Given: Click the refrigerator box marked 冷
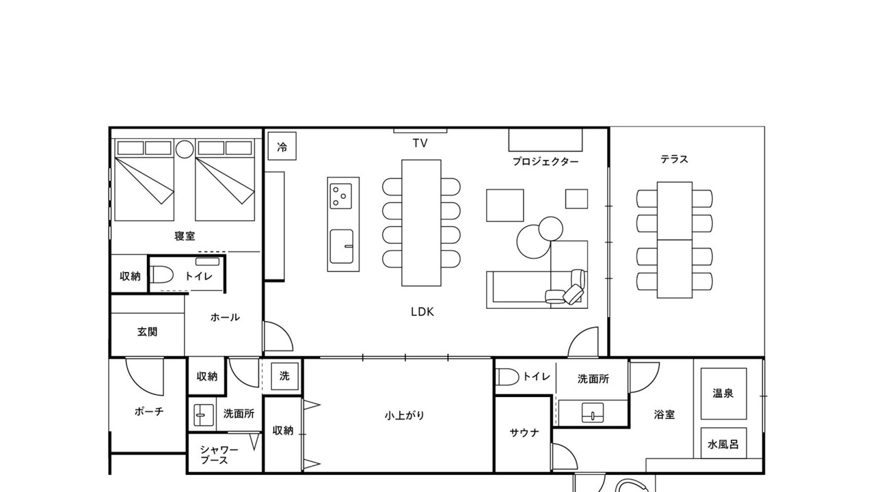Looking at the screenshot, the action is (x=282, y=146).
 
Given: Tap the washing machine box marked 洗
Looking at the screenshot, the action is (x=285, y=376).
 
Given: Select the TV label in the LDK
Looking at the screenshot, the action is (x=420, y=143).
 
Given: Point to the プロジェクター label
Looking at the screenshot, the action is (x=546, y=162).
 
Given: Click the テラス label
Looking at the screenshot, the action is (x=674, y=159).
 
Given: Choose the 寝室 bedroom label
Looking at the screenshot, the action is (x=185, y=236).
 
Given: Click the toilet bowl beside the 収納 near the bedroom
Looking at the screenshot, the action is (x=162, y=275).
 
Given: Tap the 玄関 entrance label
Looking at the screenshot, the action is (x=147, y=332).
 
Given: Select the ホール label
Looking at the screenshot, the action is (x=225, y=318).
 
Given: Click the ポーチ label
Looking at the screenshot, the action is (x=149, y=411).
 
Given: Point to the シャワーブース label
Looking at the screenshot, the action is (x=219, y=455).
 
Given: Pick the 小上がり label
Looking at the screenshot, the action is (x=404, y=415).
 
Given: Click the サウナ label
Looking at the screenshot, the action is (x=524, y=433).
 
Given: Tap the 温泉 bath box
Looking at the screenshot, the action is (x=723, y=394).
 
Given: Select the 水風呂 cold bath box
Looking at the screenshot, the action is (x=723, y=443).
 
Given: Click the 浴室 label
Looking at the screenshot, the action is (x=664, y=414).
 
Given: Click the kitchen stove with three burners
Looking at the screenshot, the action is (x=340, y=196).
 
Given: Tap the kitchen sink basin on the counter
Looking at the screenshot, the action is (x=342, y=247).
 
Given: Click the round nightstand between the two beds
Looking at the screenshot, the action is (x=185, y=149).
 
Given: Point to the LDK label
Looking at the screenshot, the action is (x=422, y=312).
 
